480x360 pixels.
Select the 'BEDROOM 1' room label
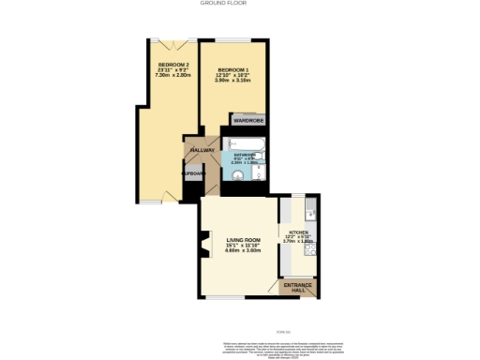(233, 71)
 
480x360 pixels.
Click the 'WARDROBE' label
(248, 120)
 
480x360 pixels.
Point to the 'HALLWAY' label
(202, 150)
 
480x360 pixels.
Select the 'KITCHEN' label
(298, 230)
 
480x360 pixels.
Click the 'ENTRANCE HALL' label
(298, 286)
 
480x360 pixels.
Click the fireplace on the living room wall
(203, 248)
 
